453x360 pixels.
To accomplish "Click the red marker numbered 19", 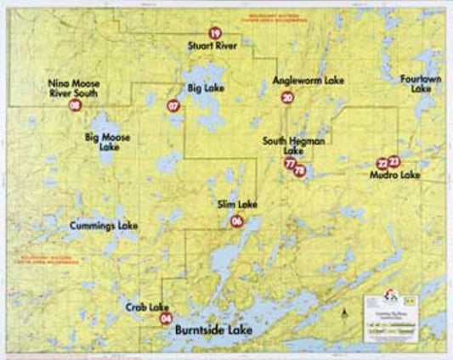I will point(214,33).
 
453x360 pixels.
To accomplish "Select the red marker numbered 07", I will point(174,106).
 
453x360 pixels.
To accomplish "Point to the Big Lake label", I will point(205,87).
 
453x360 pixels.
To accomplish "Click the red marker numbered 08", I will point(76,105).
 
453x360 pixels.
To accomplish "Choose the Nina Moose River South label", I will point(75,87).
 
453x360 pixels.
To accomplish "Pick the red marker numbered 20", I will point(287,98).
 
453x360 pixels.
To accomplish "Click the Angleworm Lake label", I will point(308,81).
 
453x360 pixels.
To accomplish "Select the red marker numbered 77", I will point(291,163).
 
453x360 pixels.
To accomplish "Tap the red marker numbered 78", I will point(299,171).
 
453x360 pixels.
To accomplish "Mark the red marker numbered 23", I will point(394,161).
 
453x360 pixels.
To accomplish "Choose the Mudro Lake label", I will point(395,176).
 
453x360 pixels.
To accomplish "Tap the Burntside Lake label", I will point(213,326).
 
